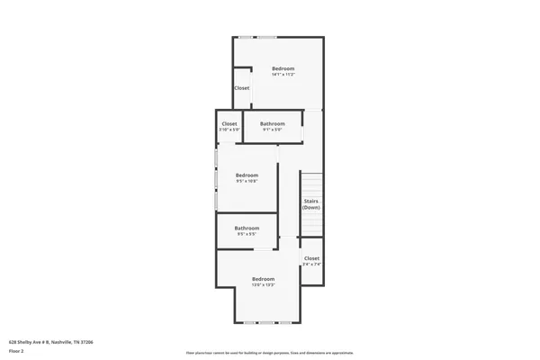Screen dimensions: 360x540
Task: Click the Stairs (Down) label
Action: [x=310, y=204]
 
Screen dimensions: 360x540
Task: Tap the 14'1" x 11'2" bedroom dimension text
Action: [x=283, y=75]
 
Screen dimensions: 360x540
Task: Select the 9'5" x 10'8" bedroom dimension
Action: [x=247, y=181]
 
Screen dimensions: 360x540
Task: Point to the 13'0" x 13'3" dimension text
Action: [x=263, y=285]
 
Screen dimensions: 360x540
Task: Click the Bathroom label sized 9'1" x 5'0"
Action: [x=273, y=123]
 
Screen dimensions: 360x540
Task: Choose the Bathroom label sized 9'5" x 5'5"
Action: [x=247, y=228]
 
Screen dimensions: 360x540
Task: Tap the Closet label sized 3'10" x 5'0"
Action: [x=229, y=123]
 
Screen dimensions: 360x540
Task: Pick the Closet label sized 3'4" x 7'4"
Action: [x=311, y=258]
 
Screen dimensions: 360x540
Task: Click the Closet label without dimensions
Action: [x=242, y=88]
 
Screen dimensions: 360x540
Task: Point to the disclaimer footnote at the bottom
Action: [x=271, y=353]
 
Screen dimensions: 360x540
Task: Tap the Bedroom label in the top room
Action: [x=283, y=68]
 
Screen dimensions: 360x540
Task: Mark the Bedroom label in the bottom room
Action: [x=263, y=279]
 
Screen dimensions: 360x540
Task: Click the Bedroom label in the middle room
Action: [x=247, y=175]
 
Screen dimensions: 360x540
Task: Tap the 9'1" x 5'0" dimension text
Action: [x=273, y=130]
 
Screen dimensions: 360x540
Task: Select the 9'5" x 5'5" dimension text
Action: [x=247, y=234]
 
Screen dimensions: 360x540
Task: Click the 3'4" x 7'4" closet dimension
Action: [x=311, y=265]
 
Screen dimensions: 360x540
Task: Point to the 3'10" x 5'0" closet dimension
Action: [x=229, y=130]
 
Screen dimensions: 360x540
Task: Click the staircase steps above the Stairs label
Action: [x=310, y=184]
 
